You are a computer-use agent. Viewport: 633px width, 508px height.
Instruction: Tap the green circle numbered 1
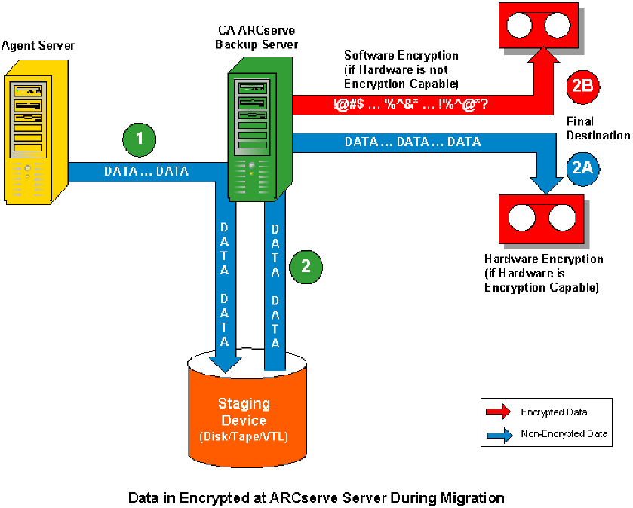click(x=139, y=139)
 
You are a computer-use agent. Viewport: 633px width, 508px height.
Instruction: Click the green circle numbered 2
click(x=306, y=265)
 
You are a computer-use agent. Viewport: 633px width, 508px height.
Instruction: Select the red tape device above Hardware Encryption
click(x=542, y=219)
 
